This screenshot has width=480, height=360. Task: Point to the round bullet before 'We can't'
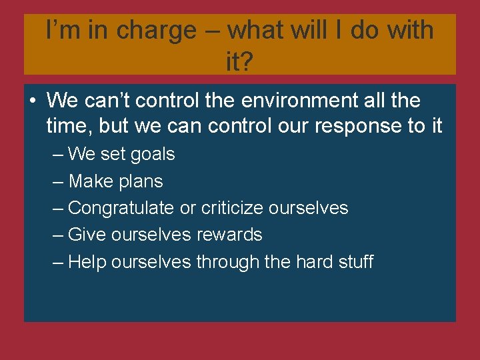pos(32,102)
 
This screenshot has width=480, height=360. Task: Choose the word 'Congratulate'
pos(121,208)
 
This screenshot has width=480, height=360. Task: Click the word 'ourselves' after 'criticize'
pos(308,208)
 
